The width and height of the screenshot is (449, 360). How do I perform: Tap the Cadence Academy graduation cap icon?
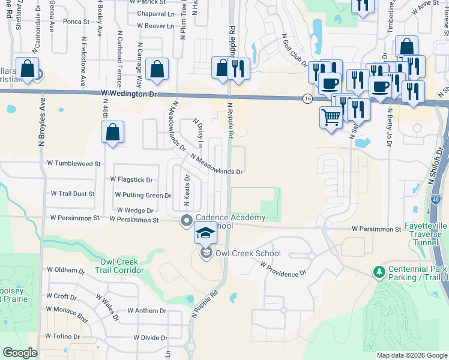(205, 233)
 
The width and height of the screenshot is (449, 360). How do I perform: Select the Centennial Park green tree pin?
(379, 272)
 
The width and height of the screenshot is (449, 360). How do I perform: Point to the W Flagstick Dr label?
(131, 179)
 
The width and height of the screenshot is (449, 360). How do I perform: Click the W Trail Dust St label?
(73, 194)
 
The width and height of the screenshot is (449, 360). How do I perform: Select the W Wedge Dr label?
(135, 211)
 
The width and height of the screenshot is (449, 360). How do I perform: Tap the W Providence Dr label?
(283, 269)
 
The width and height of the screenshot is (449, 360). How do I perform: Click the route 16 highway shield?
(307, 98)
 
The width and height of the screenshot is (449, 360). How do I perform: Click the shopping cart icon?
(331, 118)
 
